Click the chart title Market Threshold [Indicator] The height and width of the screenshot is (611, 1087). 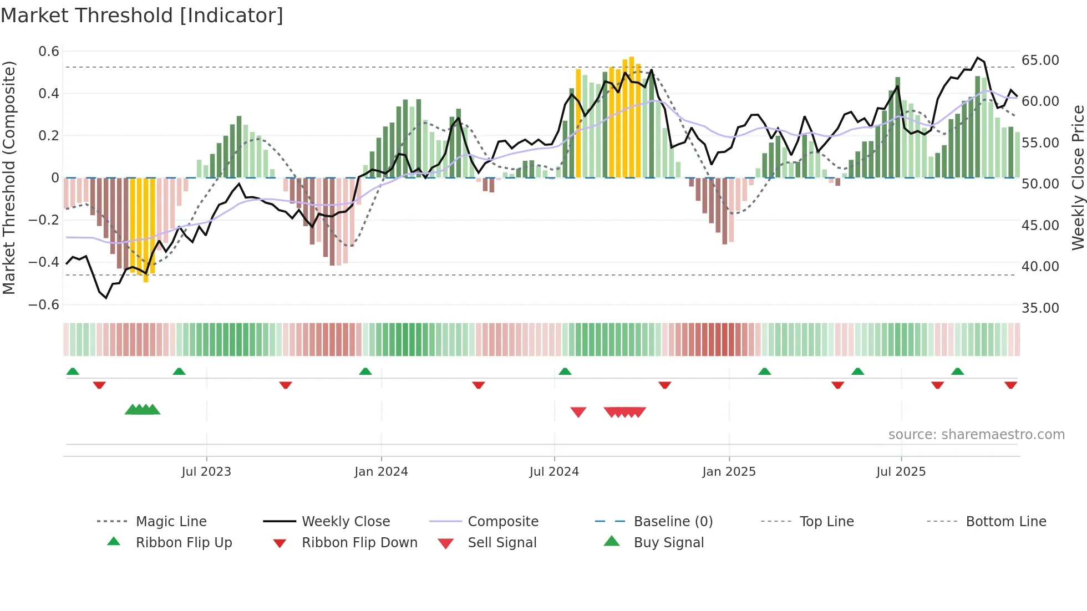142,16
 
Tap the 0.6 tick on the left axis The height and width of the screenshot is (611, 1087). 49,52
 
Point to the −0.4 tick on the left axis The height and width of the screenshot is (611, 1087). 44,262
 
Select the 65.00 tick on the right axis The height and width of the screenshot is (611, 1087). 1040,60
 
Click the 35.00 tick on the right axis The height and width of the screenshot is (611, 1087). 1040,308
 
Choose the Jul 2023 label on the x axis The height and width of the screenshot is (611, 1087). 206,472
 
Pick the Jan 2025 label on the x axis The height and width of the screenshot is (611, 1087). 729,472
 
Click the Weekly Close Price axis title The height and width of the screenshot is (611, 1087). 1078,177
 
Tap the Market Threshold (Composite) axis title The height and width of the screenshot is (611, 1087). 9,177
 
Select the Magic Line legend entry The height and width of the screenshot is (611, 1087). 171,522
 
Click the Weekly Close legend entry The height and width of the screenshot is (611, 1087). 346,522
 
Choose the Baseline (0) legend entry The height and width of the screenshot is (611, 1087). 673,522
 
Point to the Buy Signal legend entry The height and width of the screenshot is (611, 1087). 668,543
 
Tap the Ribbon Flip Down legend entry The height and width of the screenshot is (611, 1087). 359,543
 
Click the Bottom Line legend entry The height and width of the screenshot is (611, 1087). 1005,522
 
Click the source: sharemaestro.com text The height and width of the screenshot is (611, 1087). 976,435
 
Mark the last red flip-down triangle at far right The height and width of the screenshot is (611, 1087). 1010,385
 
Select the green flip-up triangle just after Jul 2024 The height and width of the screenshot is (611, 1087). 565,371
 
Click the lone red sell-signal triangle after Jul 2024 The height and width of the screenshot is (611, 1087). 578,412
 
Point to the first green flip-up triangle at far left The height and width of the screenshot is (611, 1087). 72,371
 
